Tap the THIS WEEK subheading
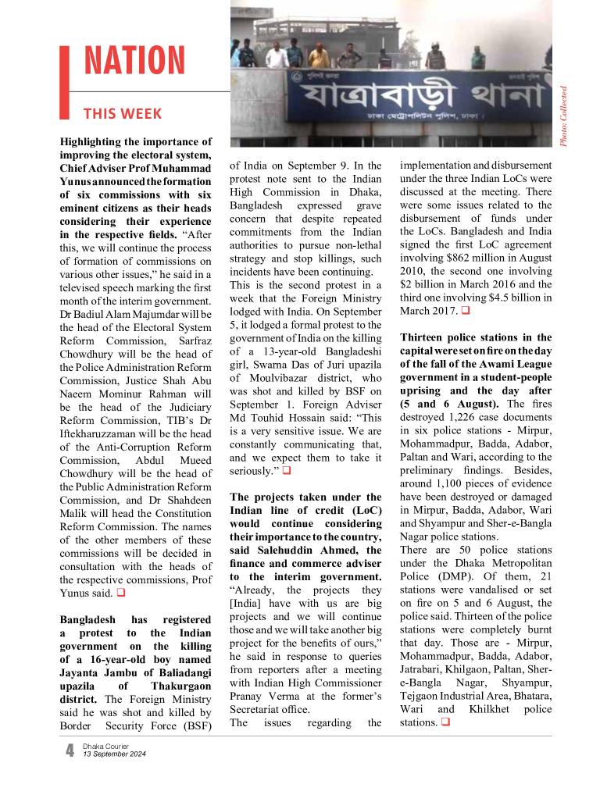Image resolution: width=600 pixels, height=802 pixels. click(x=123, y=114)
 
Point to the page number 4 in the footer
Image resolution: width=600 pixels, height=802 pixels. click(x=70, y=751)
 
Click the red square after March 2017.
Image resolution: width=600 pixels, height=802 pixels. click(x=466, y=312)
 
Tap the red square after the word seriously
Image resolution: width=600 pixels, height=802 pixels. click(x=287, y=471)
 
